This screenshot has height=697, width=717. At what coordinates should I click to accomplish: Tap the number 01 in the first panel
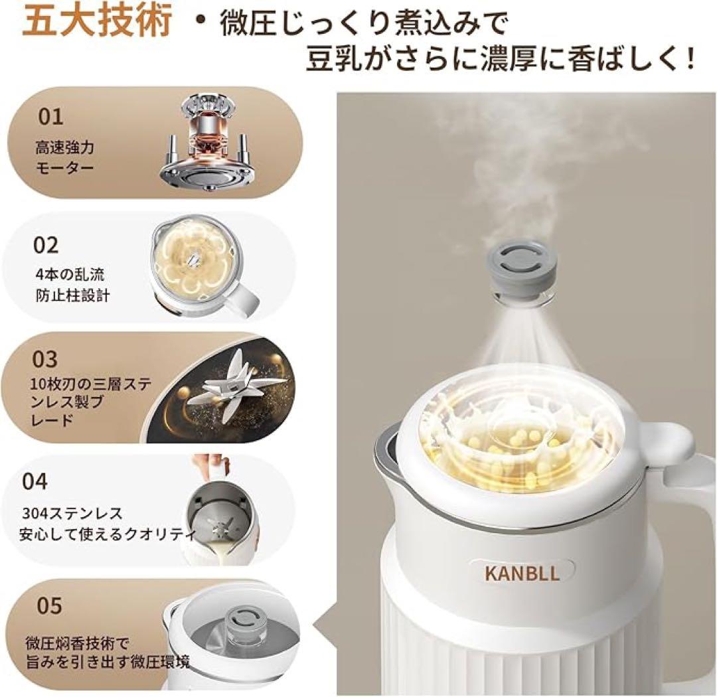pyautogui.click(x=50, y=117)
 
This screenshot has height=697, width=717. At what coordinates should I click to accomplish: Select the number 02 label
pyautogui.click(x=46, y=245)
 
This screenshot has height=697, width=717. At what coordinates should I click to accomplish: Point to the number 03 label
pyautogui.click(x=46, y=359)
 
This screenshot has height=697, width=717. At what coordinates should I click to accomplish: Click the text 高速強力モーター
pyautogui.click(x=64, y=157)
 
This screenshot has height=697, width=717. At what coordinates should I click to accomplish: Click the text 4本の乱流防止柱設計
pyautogui.click(x=72, y=285)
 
